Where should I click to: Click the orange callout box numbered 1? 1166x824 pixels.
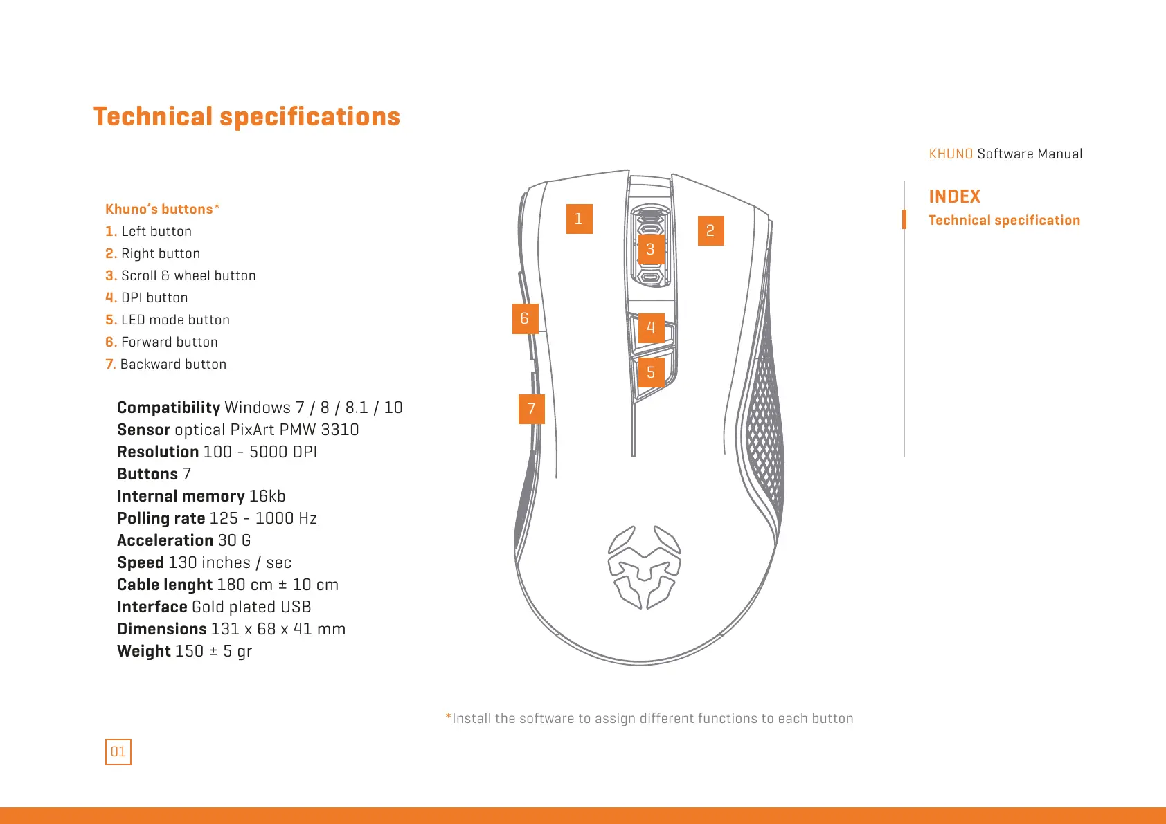(x=579, y=219)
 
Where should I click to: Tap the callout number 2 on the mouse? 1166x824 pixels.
(x=710, y=230)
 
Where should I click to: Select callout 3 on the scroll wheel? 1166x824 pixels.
(x=650, y=249)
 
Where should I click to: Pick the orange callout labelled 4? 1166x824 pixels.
(x=651, y=327)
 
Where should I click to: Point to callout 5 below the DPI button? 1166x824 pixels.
(x=651, y=372)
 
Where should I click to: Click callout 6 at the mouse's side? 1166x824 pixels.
(x=525, y=318)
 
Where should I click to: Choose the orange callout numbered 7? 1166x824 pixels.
(x=531, y=409)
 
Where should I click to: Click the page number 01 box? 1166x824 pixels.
(x=118, y=751)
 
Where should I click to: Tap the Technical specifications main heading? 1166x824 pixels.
(x=246, y=116)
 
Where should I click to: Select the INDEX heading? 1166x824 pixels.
(x=954, y=196)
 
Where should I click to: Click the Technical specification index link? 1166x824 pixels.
(x=1004, y=220)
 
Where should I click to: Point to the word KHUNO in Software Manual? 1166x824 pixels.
(x=951, y=154)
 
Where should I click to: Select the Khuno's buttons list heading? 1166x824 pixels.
(x=159, y=209)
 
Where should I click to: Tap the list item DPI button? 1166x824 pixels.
(x=154, y=297)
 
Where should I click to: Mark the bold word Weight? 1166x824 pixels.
(x=144, y=651)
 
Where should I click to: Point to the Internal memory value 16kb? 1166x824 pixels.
(x=267, y=496)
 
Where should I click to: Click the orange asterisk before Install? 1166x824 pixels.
(x=448, y=717)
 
